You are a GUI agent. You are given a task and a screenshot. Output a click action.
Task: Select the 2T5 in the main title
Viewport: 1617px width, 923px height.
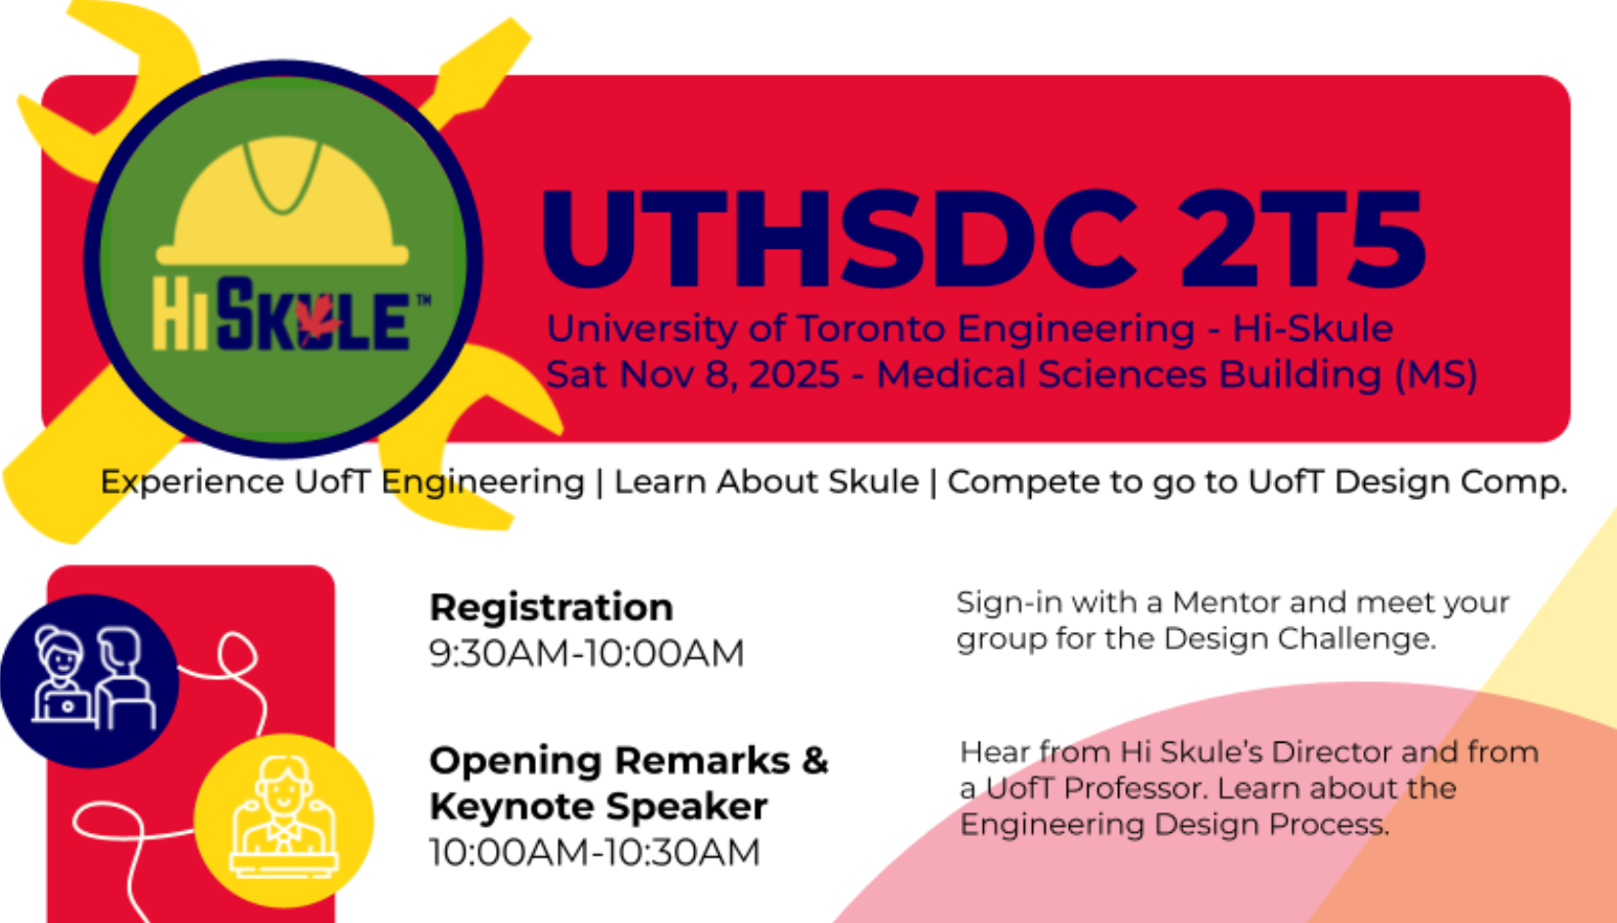[x=1302, y=240]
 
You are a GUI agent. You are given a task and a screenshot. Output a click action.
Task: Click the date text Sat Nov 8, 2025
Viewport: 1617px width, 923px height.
[x=692, y=374]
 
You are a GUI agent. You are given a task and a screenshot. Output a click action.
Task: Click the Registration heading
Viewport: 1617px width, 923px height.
[x=551, y=607]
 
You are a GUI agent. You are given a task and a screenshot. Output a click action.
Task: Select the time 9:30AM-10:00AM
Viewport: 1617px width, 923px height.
[x=586, y=653]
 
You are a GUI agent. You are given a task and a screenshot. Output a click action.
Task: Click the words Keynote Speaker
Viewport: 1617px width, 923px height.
[x=598, y=806]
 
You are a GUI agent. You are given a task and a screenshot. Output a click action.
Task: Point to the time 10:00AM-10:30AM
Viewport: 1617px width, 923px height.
[x=594, y=851]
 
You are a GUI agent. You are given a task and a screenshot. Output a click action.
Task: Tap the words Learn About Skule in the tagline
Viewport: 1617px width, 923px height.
[x=766, y=482]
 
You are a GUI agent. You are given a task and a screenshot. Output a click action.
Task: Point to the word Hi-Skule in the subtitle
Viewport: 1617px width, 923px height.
[x=1312, y=328]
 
